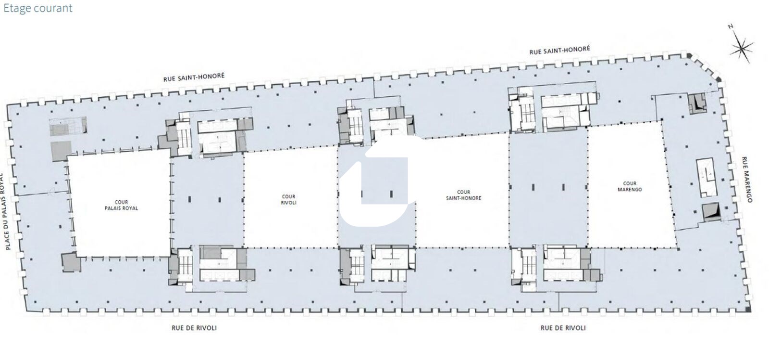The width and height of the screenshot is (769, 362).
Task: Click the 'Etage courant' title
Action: pyautogui.click(x=38, y=8)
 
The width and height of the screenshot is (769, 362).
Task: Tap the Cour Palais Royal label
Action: pyautogui.click(x=121, y=205)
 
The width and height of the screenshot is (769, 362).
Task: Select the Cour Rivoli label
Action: pyautogui.click(x=288, y=200)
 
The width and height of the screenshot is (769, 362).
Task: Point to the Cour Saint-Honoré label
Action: pyautogui.click(x=463, y=195)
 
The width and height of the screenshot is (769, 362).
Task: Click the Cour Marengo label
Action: pyautogui.click(x=630, y=186)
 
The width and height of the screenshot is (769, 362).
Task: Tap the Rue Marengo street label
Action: pyautogui.click(x=747, y=180)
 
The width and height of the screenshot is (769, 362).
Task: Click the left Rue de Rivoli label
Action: pyautogui.click(x=194, y=328)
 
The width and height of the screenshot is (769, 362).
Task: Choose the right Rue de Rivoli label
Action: pyautogui.click(x=563, y=328)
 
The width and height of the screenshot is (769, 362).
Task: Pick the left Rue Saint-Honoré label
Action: pyautogui.click(x=194, y=77)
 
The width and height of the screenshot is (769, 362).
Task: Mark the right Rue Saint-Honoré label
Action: pyautogui.click(x=559, y=50)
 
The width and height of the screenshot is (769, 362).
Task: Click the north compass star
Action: pyautogui.click(x=742, y=49)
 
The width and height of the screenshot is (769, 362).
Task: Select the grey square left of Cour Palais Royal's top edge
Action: pyautogui.click(x=61, y=151)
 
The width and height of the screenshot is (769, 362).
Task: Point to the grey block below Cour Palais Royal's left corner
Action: pyautogui.click(x=72, y=262)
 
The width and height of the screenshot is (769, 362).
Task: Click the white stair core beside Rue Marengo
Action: pyautogui.click(x=707, y=178)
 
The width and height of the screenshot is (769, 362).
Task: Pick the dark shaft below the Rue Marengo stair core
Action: pyautogui.click(x=711, y=212)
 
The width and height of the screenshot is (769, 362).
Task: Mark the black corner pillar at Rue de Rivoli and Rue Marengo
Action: pyautogui.click(x=748, y=310)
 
